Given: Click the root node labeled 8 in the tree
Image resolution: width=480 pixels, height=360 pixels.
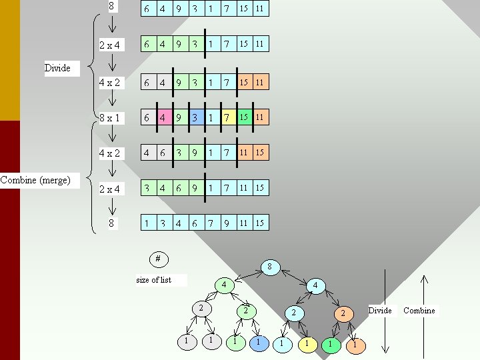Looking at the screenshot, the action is pos(269,267).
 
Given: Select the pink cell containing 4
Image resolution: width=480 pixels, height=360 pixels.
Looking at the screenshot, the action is pos(163,117).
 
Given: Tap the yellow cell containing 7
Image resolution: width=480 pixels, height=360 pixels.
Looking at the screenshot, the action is pos(227,117).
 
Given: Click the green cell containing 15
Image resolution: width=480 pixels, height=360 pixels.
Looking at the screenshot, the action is pos(244,117).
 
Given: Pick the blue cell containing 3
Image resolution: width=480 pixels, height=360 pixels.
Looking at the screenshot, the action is pos(195,117).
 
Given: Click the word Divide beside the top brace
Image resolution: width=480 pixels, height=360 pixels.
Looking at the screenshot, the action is pos(57,68).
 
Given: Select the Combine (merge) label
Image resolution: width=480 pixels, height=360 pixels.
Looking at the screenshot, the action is pos(35,180).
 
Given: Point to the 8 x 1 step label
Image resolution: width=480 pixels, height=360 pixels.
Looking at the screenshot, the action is pos(109,117).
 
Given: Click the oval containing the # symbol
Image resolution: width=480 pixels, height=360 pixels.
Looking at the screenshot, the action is pos(158,258).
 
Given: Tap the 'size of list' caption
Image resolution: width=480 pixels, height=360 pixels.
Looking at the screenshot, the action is pos(154,280).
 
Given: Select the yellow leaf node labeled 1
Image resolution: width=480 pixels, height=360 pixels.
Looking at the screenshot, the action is pos(307,344).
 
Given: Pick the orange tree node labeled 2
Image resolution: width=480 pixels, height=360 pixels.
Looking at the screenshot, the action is pos(343,313).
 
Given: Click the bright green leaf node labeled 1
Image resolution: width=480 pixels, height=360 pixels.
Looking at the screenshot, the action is pos(329,344).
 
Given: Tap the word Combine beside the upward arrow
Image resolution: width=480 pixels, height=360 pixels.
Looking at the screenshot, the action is pos(419,311).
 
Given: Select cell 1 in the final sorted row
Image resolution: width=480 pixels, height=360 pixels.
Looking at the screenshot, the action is pos(147,223).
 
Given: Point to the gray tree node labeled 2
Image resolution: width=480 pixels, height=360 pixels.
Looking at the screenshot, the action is pos(201,308).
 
